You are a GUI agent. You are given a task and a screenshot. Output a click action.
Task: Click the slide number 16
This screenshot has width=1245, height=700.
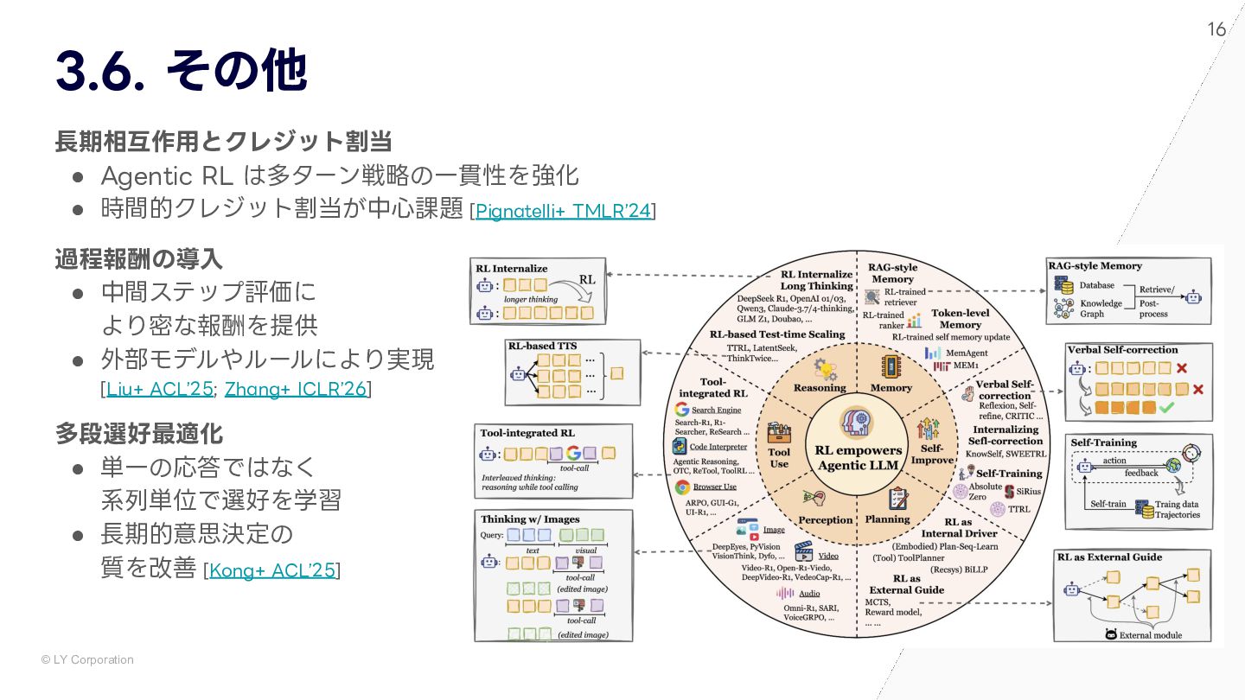(x=1216, y=30)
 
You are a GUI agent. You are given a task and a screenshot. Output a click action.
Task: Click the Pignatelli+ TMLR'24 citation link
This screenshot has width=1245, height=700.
(x=563, y=210)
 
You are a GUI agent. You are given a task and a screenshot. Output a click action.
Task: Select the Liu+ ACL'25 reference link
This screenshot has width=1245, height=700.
(x=159, y=389)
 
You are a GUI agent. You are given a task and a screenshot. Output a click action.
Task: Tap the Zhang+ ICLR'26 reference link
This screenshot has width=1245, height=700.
(x=296, y=389)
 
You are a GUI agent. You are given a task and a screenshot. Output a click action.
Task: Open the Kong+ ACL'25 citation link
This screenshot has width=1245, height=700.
(x=272, y=570)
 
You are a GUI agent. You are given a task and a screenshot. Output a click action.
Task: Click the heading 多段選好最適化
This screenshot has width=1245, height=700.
(x=139, y=433)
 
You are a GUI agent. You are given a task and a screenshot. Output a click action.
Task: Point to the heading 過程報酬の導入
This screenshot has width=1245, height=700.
(x=139, y=258)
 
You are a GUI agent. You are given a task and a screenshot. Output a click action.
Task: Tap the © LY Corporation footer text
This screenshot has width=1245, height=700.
(x=87, y=659)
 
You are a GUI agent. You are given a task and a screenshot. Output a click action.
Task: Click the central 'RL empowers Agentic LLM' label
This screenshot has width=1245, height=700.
(x=858, y=457)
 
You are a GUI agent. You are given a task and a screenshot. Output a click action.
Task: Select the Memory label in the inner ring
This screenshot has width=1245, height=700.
(x=891, y=388)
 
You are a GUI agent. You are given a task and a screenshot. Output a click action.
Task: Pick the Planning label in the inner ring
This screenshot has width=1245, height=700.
(x=887, y=519)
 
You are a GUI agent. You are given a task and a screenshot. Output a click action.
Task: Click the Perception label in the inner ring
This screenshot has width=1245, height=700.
(x=825, y=519)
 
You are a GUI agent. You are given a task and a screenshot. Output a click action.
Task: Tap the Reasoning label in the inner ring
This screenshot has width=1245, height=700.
(x=820, y=388)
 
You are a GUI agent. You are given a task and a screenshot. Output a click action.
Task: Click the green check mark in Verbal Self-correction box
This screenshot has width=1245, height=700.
(x=1165, y=406)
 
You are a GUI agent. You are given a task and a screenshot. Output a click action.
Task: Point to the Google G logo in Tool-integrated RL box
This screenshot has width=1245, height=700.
(x=572, y=453)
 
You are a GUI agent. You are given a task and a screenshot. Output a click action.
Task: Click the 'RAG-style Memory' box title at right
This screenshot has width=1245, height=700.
(x=1095, y=266)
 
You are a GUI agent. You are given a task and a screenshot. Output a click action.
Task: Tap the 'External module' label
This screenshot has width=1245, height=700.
(x=1150, y=635)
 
